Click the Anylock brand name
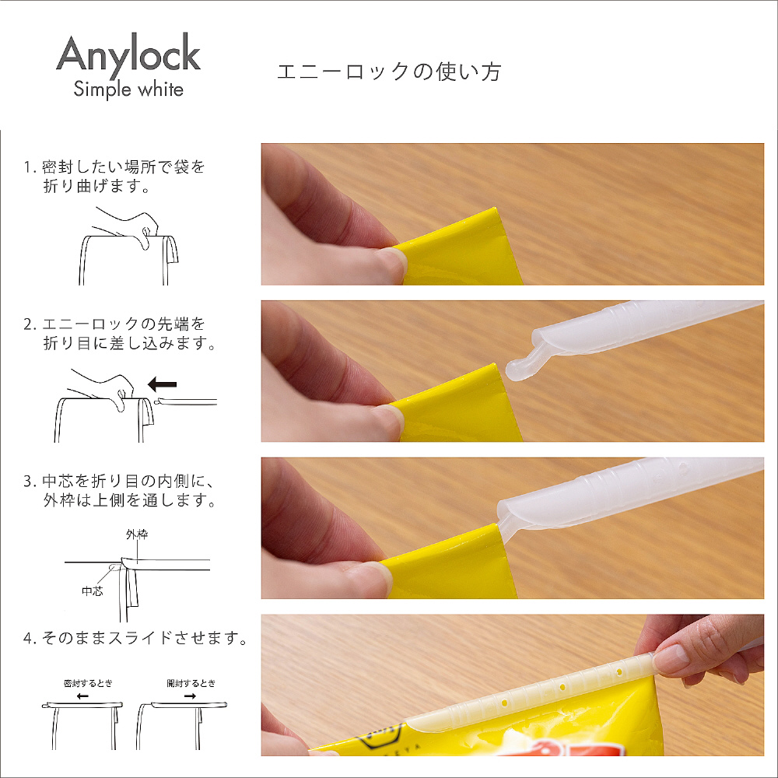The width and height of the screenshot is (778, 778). pos(128,54)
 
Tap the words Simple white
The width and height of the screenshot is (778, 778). pos(128,89)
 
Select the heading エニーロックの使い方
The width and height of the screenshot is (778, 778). pos(389,72)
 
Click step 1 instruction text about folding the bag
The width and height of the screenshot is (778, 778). pos(114,176)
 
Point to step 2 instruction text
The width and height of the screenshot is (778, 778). pos(120,334)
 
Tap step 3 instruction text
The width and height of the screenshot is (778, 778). pos(120,490)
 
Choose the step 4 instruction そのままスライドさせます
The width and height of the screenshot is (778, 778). pos(135,638)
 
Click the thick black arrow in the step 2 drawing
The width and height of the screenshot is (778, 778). pos(163,384)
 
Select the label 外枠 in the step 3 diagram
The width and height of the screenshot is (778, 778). pos(137,534)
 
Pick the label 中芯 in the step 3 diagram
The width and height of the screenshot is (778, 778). pos(93,591)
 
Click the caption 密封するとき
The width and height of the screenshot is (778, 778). pos(89,683)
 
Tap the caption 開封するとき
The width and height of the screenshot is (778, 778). pos(191,683)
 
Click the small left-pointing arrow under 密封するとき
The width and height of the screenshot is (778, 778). pos(83,696)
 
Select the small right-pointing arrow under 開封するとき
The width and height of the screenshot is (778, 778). pos(190,696)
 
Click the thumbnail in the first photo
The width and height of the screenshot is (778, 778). pos(391,263)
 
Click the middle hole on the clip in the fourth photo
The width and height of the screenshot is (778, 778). pos(562,689)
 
